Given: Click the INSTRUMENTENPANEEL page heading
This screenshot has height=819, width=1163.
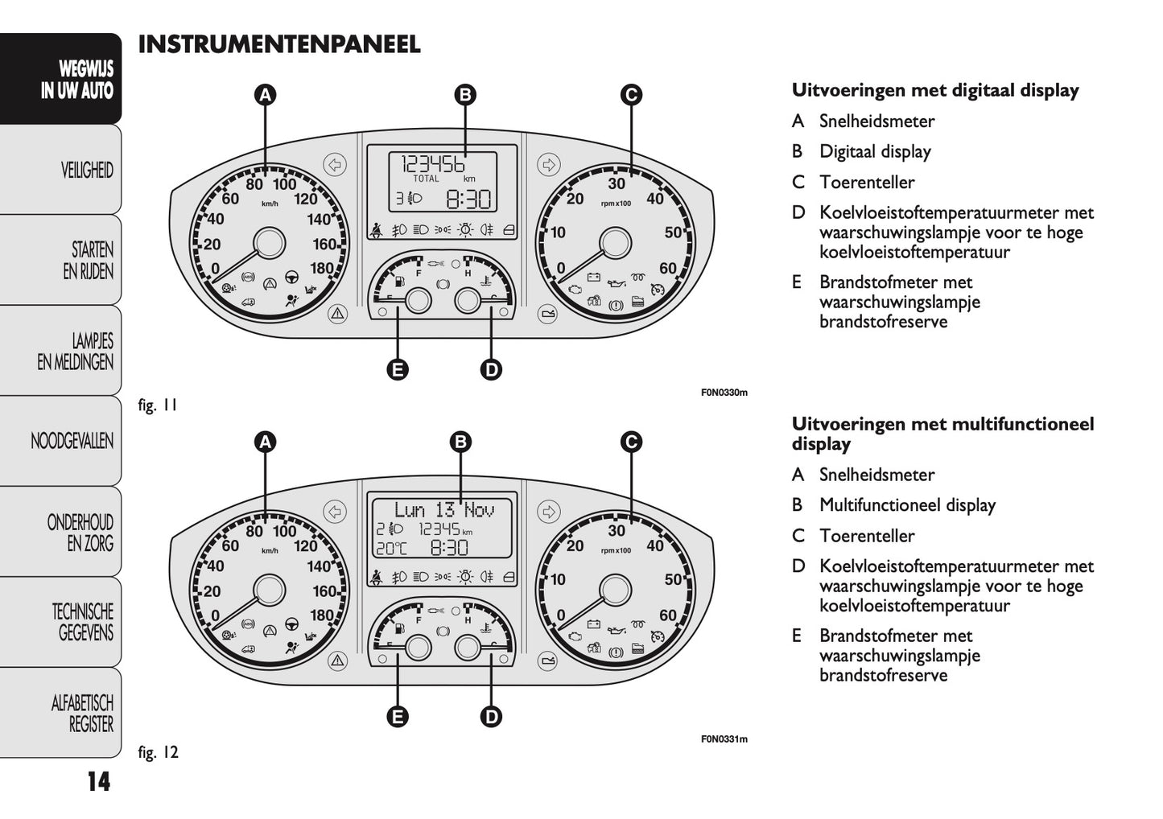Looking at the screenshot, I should point(278,44).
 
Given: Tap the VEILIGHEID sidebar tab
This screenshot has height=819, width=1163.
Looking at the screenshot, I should point(86,170).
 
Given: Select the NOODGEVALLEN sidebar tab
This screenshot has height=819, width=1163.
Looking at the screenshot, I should point(72,441).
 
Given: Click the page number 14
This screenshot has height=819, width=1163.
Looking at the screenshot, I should point(98,781).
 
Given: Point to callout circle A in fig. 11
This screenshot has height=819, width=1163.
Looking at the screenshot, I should point(265,95).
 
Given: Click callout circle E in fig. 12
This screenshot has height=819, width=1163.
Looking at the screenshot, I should point(397,716).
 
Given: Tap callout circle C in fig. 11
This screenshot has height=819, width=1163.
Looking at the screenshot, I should point(632,95).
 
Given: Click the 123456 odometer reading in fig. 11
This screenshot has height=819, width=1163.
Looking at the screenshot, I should point(433,163).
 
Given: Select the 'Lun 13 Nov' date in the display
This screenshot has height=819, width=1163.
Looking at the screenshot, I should point(443,509).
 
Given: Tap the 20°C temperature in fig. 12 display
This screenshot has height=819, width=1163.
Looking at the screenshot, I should point(392,549).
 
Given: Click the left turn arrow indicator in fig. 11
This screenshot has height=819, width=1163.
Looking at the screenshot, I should point(335,165).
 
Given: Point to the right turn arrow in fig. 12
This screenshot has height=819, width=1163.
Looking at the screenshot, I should point(549,512).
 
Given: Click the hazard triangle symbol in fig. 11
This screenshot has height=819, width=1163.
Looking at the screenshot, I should point(337,314).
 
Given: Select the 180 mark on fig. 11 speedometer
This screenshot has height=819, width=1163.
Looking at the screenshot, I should point(322,269).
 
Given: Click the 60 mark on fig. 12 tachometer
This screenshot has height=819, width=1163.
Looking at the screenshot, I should point(667,615).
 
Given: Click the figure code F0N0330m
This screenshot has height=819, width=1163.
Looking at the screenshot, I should point(724,393).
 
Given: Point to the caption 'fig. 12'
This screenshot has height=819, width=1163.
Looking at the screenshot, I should point(158,752).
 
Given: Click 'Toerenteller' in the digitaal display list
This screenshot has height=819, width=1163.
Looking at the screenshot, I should point(867,183).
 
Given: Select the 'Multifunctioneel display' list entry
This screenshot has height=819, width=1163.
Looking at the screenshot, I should point(907,505).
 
